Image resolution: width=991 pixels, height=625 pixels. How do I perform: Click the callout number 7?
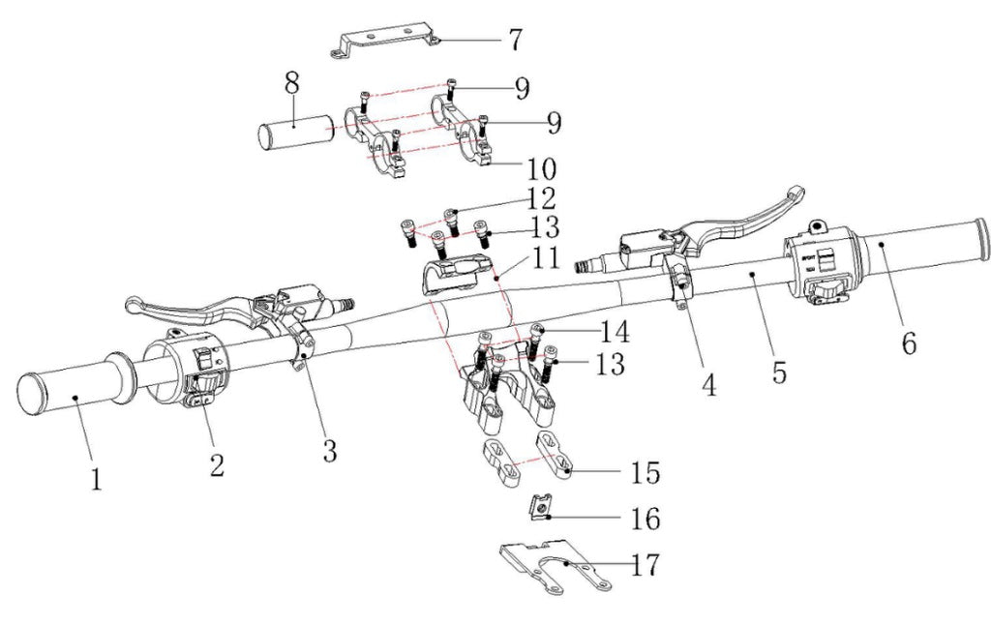click(515, 41)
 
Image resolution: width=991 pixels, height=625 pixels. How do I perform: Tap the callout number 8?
click(291, 84)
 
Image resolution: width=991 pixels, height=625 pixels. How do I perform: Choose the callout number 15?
click(646, 472)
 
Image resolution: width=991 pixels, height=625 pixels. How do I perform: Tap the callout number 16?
click(646, 520)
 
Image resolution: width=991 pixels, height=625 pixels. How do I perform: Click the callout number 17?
click(646, 565)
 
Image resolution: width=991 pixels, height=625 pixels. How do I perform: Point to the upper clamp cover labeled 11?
click(454, 273)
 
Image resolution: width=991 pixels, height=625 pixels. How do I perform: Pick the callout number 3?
click(330, 449)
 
